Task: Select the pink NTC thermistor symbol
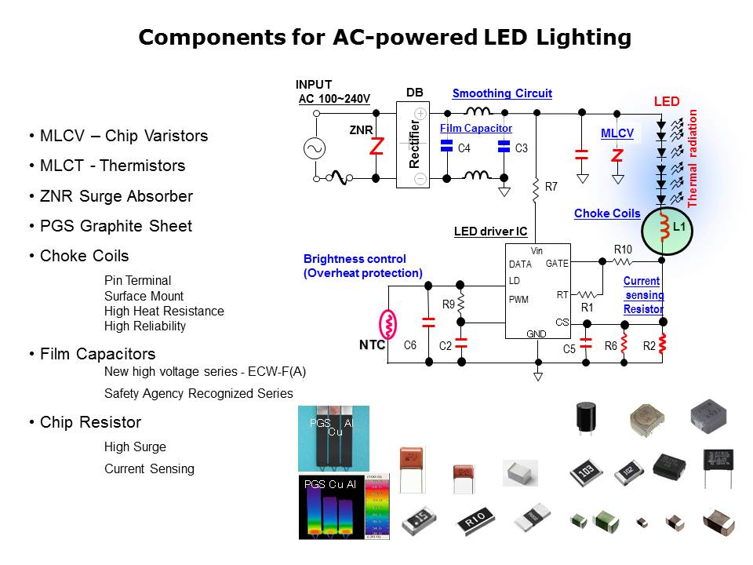click(x=387, y=322)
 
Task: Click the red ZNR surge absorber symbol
click(x=376, y=146)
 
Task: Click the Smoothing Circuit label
click(x=502, y=93)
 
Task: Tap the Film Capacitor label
click(x=475, y=128)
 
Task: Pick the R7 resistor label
click(x=551, y=187)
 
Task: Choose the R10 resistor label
click(x=623, y=250)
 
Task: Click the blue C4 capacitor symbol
click(x=446, y=147)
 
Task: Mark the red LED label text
click(x=667, y=101)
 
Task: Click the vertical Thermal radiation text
click(x=693, y=158)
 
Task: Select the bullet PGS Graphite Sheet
click(x=116, y=226)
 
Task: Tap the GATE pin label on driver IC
click(x=557, y=264)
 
